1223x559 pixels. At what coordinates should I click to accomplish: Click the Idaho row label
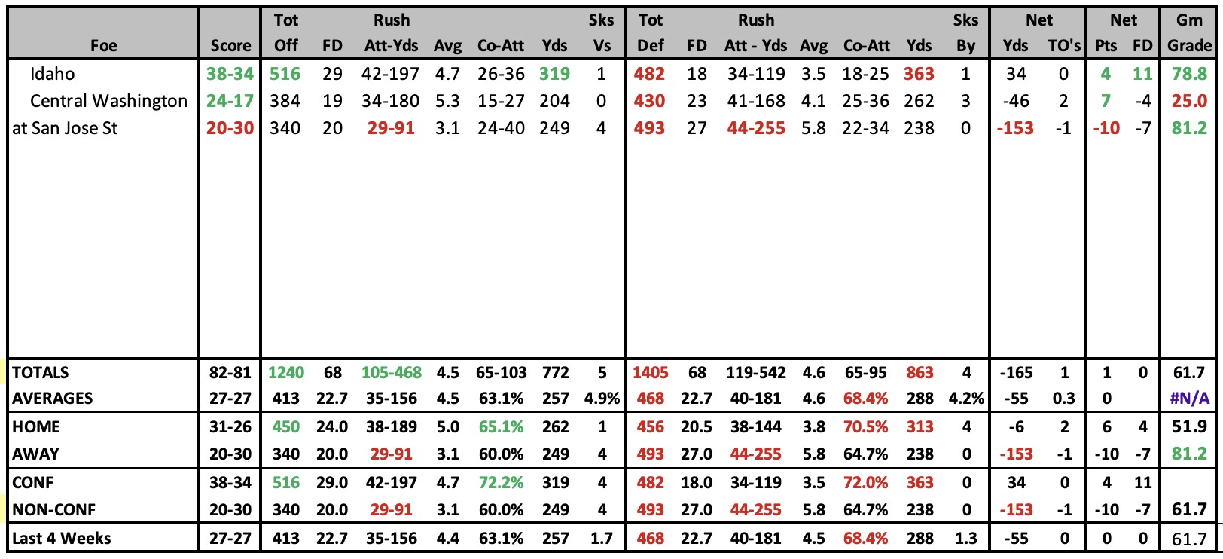click(53, 74)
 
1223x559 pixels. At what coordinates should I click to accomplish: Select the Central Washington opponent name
click(108, 101)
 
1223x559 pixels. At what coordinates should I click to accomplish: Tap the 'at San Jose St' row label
click(65, 128)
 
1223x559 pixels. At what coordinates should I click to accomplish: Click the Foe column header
click(103, 45)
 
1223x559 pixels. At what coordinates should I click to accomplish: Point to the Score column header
click(231, 45)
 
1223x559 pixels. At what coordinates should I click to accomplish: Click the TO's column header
click(1064, 45)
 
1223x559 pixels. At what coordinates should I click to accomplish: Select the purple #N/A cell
click(1190, 399)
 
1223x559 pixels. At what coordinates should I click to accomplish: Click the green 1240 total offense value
click(286, 373)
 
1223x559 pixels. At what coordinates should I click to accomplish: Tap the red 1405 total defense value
click(650, 373)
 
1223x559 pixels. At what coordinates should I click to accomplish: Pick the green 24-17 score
click(230, 101)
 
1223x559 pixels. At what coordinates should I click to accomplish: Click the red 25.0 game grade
click(1189, 101)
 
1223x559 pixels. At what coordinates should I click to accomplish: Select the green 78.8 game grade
click(1189, 74)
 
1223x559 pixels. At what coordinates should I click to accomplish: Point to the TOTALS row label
click(41, 373)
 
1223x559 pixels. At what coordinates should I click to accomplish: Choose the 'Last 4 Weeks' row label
click(61, 538)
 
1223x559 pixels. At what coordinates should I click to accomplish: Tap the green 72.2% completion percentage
click(501, 482)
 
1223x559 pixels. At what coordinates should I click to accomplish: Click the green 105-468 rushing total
click(392, 373)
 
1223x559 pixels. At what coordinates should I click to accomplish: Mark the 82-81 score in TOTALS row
click(230, 373)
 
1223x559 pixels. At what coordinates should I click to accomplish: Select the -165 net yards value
click(1016, 373)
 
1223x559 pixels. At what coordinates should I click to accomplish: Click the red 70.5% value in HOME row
click(865, 426)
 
